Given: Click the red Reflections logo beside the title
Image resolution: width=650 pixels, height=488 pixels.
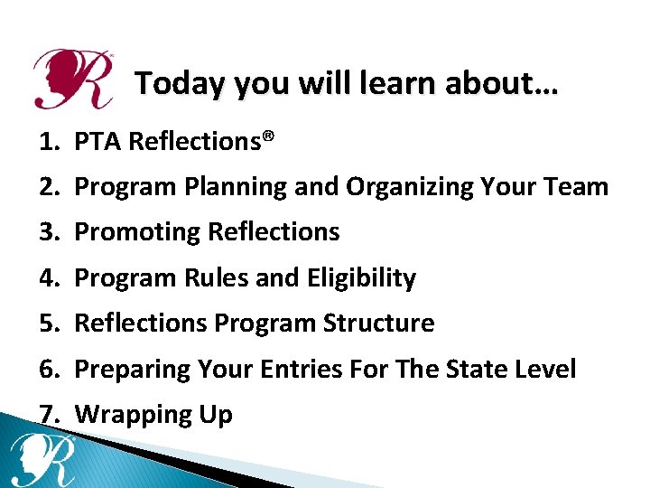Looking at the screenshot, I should [x=72, y=79].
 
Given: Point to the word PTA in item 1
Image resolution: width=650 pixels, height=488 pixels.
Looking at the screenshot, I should [x=98, y=142].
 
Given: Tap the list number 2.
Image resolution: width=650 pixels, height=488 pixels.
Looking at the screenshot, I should [x=49, y=187].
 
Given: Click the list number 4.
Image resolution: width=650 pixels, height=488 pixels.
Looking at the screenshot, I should [x=49, y=278].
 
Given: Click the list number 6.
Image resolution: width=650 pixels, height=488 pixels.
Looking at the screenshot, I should [x=49, y=369].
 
